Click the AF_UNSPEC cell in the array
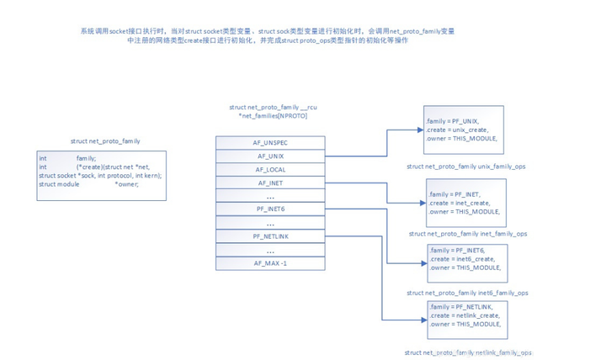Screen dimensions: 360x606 [x=269, y=143]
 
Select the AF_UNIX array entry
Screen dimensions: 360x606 [x=269, y=156]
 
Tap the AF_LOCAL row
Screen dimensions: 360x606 [x=269, y=169]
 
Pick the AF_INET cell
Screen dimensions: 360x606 [x=269, y=183]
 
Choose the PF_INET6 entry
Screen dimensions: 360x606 [x=269, y=209]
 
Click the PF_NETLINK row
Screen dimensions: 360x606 [x=269, y=236]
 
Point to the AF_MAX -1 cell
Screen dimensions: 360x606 [x=269, y=263]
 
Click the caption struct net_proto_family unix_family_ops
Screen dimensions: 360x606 [x=467, y=167]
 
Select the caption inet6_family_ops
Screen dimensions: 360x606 [x=467, y=293]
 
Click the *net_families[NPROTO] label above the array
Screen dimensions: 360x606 [x=273, y=116]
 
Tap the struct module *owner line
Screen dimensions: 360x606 [x=88, y=183]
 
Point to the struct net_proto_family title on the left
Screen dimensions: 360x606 [x=105, y=141]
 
